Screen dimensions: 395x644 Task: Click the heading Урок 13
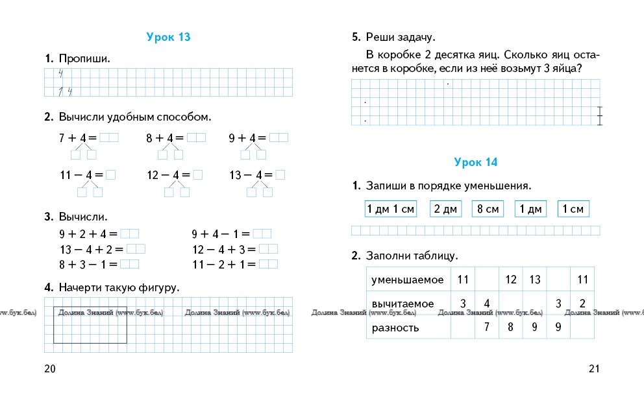[x=168, y=37]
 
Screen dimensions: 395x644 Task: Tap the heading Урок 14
[x=475, y=162]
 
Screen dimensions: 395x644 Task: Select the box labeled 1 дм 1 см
[x=390, y=209]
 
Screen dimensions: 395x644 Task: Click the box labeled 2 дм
[x=445, y=209]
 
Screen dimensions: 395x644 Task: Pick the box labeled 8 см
[x=488, y=209]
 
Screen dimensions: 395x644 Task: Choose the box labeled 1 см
[x=573, y=209]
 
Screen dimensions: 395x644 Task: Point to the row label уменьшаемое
[x=407, y=280]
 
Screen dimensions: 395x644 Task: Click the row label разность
[x=395, y=328]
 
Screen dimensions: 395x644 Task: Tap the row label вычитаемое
[x=402, y=303]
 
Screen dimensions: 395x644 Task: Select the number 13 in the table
[x=534, y=280]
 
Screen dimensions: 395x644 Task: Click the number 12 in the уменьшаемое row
[x=511, y=280]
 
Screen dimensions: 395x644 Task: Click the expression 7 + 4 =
[x=77, y=138]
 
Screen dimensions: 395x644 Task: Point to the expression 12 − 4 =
[x=168, y=175]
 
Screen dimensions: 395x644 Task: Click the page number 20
[x=50, y=369]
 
